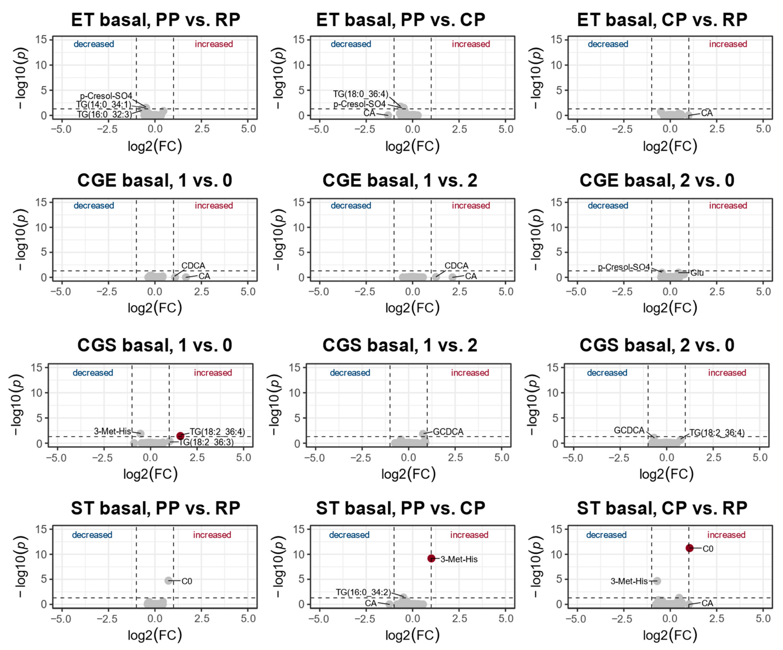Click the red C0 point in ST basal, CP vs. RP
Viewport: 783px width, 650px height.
coord(689,548)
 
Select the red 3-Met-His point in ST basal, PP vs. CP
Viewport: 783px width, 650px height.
coord(431,558)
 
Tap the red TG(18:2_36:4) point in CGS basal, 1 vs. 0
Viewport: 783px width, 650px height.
coord(180,436)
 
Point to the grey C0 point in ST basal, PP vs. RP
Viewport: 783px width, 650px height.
coord(168,581)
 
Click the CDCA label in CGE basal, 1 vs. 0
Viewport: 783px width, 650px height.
coord(193,265)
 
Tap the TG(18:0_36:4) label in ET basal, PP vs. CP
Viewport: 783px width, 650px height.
coord(361,94)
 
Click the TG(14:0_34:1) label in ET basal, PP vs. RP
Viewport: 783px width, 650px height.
coord(104,105)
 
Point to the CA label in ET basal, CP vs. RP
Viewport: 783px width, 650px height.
coord(707,113)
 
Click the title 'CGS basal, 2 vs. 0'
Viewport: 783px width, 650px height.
coord(657,345)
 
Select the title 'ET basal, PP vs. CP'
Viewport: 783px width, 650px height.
coord(401,19)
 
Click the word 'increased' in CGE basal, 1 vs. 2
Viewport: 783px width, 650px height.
coord(471,205)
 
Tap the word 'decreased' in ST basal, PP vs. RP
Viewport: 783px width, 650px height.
coord(92,535)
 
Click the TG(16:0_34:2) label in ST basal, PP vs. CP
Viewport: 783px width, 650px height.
coord(363,592)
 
